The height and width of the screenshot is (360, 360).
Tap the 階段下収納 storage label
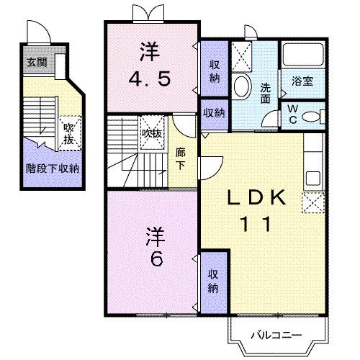(53, 168)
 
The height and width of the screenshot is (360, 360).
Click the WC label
(293, 114)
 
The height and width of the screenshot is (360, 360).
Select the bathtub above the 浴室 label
(302, 55)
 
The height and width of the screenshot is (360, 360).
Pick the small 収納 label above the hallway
(213, 113)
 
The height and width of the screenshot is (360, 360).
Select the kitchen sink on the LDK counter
(313, 177)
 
